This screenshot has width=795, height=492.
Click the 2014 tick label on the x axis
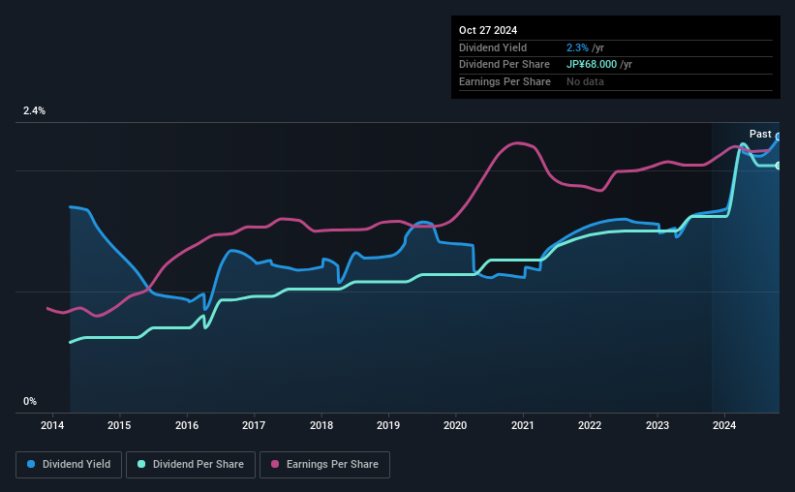coord(52,425)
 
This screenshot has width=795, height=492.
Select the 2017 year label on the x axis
coord(254,425)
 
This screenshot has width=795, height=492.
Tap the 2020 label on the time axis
coord(455,425)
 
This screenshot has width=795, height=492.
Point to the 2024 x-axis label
coord(724,425)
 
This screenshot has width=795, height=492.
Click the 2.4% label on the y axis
coord(35,111)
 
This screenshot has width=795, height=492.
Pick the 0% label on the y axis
coord(30,401)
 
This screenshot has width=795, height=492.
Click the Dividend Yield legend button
coord(69,465)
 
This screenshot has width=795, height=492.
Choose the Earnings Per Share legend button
coord(324,465)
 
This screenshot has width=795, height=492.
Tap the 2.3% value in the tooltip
coord(577,47)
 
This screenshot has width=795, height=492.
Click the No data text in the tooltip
coord(585,81)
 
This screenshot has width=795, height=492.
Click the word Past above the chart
coord(760,134)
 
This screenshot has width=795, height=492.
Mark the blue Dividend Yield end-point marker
coord(778,137)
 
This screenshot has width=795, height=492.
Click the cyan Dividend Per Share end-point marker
coord(778,166)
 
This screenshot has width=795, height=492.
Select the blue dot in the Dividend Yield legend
coord(31,465)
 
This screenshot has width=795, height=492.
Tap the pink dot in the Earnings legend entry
coord(275,465)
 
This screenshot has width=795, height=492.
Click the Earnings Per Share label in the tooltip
coord(505,81)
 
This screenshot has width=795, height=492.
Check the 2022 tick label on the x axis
coord(590,425)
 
